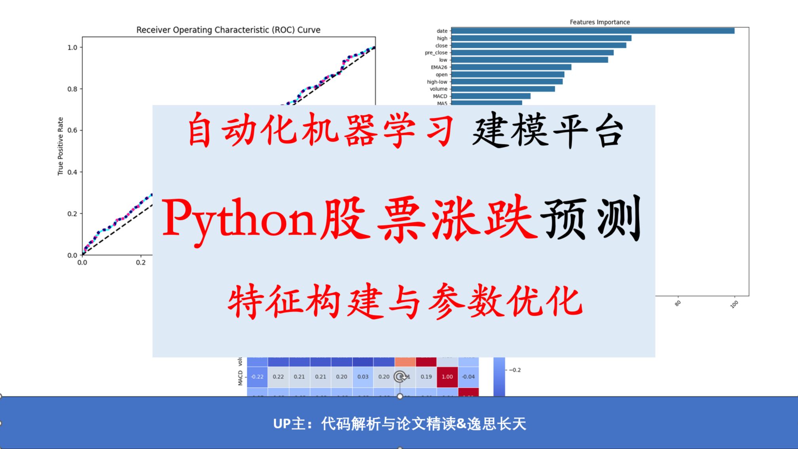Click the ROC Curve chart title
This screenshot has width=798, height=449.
tap(228, 30)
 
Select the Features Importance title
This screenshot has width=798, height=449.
tap(599, 22)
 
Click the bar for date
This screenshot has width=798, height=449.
tap(592, 31)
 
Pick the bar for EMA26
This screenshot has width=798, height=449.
tap(511, 67)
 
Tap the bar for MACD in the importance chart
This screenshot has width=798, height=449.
tap(491, 96)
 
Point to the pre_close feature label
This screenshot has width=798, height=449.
tap(436, 53)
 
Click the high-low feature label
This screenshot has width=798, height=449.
tap(437, 82)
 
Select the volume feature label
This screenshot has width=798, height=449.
tap(438, 89)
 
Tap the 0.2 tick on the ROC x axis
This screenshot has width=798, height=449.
tap(140, 262)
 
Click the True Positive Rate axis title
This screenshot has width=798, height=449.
tap(60, 146)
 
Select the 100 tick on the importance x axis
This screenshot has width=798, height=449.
tap(734, 304)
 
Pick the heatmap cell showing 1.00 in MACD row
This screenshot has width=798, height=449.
tap(447, 377)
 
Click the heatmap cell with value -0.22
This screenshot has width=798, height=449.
tap(257, 377)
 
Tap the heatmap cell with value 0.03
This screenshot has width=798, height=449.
tap(363, 377)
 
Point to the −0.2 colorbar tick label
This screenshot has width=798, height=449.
tap(515, 370)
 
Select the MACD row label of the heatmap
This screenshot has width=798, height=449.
tap(240, 378)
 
